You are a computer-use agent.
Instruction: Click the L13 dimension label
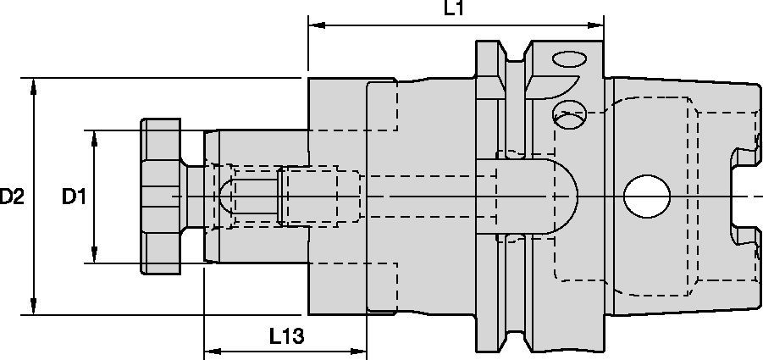click(288, 335)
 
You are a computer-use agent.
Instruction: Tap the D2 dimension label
click(12, 197)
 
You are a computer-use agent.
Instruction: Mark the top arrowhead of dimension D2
click(33, 86)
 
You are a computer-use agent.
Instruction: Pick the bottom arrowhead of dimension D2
click(33, 307)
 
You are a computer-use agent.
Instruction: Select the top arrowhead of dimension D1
click(93, 137)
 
